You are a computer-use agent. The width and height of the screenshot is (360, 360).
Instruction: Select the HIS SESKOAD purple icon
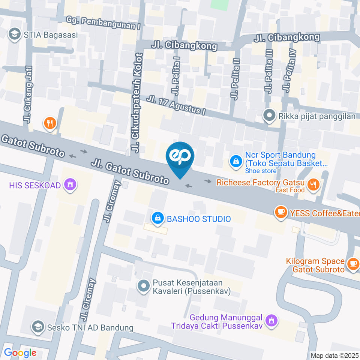[69, 184]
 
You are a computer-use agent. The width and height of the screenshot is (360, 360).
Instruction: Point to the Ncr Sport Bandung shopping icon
[235, 162]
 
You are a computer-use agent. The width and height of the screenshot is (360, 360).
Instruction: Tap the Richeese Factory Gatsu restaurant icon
[312, 184]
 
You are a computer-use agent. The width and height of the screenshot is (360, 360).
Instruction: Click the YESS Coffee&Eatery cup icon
[280, 213]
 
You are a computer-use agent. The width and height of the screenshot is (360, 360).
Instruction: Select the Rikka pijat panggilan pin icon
[269, 116]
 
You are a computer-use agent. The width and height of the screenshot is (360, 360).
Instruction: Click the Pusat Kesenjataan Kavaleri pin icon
[143, 286]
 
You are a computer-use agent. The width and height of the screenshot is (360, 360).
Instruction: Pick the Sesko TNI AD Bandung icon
[37, 327]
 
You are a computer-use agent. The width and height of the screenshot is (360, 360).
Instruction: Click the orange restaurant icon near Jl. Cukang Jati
[49, 122]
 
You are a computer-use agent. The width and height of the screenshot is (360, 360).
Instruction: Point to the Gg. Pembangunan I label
[103, 23]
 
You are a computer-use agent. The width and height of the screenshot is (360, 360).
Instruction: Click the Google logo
[20, 352]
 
